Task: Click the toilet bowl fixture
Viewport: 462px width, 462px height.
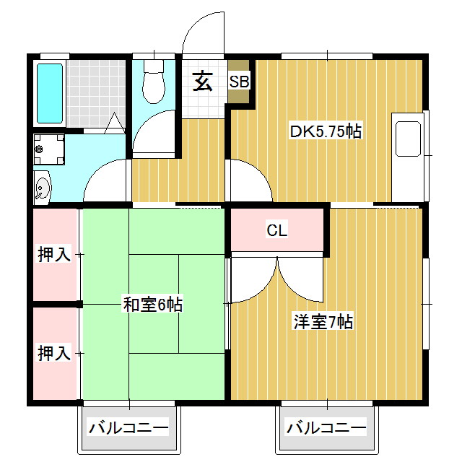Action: [154, 82]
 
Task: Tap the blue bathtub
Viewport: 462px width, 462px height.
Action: [50, 93]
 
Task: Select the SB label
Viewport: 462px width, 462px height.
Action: [239, 82]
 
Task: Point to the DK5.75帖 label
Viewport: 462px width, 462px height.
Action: [326, 131]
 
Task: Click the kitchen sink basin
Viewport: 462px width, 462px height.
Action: [408, 139]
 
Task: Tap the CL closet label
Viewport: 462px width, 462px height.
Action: [276, 230]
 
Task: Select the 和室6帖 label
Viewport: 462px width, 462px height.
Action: [153, 305]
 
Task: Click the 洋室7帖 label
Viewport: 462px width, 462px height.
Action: [323, 322]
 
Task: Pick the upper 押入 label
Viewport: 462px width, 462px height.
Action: [55, 253]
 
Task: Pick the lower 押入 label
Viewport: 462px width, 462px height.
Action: [55, 353]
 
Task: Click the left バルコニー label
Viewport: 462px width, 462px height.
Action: [128, 427]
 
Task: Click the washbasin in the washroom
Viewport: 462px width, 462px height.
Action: [42, 188]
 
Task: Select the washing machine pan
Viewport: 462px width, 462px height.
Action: [49, 149]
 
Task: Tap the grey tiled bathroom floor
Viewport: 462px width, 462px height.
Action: [96, 94]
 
